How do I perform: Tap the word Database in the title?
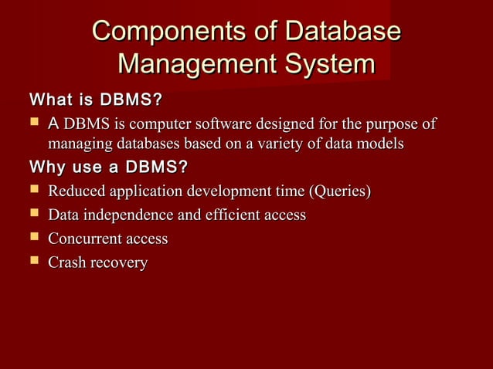342,32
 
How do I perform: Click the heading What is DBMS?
95,101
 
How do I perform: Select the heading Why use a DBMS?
108,167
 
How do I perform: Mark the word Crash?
67,263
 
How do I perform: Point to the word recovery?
119,263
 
